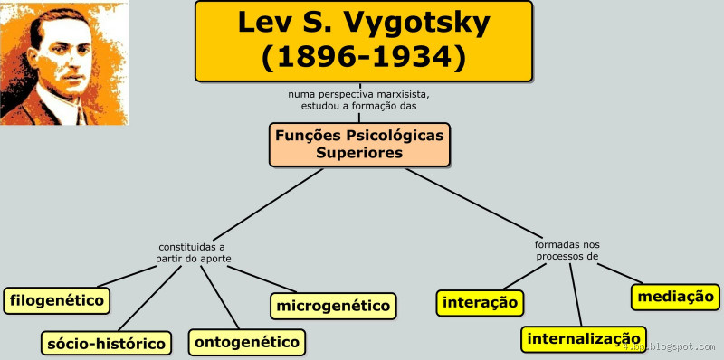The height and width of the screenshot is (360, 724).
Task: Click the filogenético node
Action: click(x=56, y=299)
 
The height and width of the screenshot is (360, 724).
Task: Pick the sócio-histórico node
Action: click(x=107, y=343)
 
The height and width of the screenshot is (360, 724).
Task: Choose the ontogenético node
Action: click(x=246, y=342)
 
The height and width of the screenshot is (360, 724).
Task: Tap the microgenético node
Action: click(x=333, y=306)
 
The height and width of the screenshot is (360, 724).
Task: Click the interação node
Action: click(x=481, y=302)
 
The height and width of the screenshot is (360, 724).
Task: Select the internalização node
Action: click(x=584, y=339)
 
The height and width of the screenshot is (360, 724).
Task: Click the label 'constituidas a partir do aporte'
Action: click(x=192, y=252)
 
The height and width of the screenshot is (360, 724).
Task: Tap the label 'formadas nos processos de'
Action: click(x=567, y=250)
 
